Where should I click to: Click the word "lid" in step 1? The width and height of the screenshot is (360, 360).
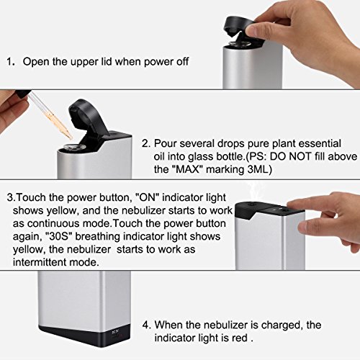coord(106,62)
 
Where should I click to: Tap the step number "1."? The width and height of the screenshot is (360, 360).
coord(11,62)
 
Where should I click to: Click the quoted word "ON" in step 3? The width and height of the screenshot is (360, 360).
coord(148,197)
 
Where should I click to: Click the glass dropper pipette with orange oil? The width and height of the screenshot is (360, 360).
coord(52,115)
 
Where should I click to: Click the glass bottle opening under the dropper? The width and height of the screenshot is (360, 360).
coord(73,146)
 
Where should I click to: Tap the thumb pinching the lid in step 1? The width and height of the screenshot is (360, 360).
coord(258,30)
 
